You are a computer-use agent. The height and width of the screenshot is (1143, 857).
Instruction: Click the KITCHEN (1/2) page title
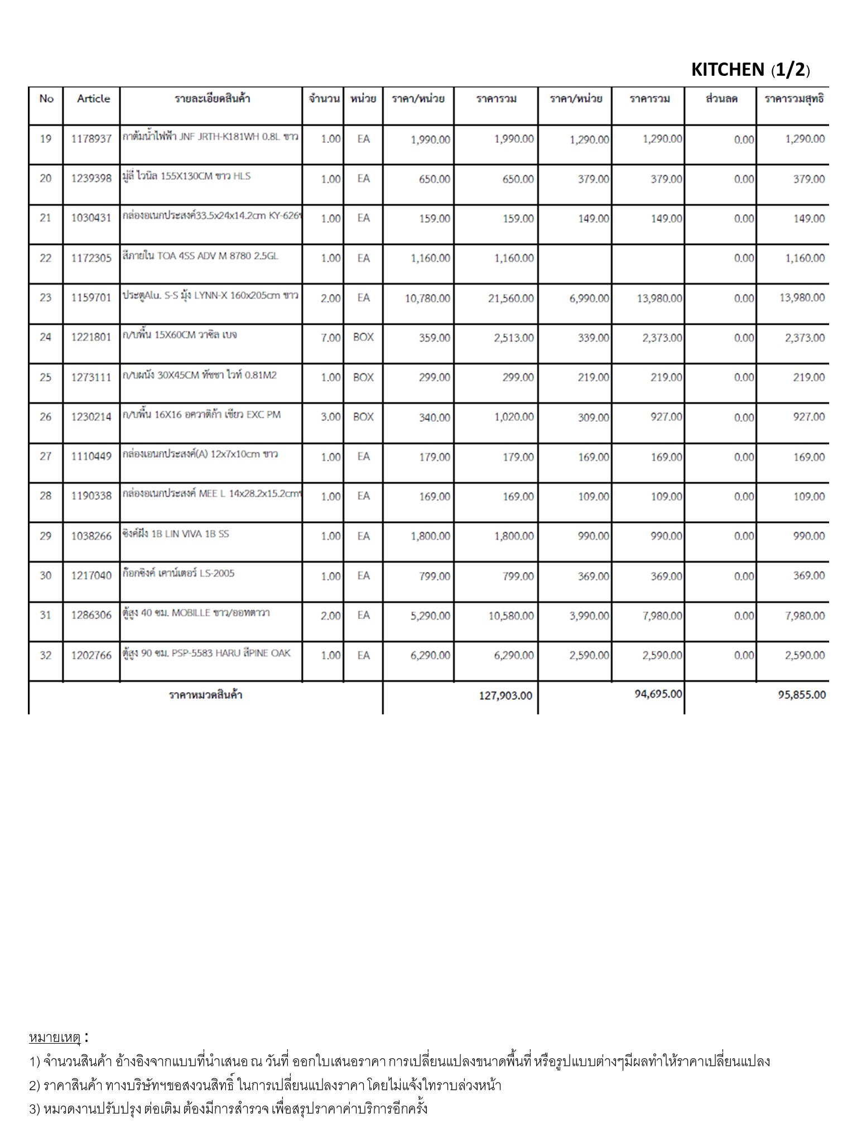(750, 70)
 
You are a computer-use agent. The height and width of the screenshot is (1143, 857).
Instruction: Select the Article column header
(93, 99)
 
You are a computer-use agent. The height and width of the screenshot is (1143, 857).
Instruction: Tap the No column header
(46, 99)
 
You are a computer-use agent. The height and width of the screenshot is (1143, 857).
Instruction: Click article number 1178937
(92, 139)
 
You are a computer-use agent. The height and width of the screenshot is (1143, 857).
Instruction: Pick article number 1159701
(92, 298)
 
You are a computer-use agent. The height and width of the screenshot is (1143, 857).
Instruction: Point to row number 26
(45, 417)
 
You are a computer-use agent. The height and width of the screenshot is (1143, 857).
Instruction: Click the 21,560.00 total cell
(511, 299)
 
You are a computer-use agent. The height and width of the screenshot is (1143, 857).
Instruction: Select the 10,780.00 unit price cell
(427, 299)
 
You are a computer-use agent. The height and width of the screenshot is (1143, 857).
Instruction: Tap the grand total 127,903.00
(505, 695)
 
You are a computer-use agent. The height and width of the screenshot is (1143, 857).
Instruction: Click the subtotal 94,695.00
(658, 694)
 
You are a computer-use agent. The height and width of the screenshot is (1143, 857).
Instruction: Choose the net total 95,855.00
(802, 695)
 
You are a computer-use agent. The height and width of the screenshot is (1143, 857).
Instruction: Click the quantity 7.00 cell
(330, 338)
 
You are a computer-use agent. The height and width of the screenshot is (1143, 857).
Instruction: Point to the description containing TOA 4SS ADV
(200, 256)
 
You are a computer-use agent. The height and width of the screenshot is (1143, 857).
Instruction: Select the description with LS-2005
(179, 573)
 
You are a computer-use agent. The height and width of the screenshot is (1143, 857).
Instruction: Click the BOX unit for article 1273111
(363, 377)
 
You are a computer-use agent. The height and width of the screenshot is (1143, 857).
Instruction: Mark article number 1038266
(92, 536)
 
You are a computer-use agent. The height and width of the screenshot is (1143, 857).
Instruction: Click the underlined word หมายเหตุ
(55, 1038)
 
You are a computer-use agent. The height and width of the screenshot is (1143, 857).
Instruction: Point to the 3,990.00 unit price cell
(589, 616)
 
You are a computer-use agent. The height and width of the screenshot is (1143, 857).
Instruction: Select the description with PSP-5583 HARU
(206, 653)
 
